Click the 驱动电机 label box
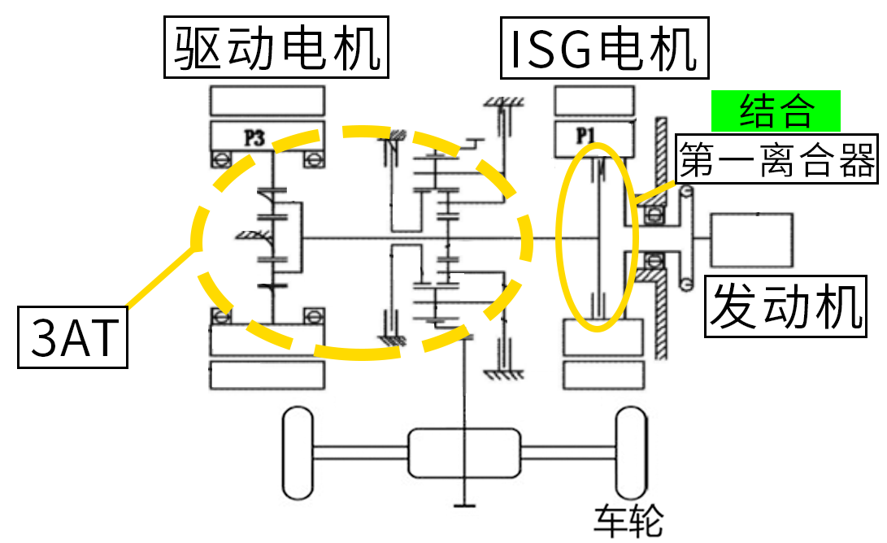[x=276, y=49]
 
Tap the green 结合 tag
[x=776, y=111]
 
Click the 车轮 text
[x=628, y=520]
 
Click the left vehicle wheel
[x=298, y=453]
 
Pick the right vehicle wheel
[x=632, y=453]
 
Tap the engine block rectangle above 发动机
[x=751, y=240]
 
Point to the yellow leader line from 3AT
[x=159, y=280]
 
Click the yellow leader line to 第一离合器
[x=654, y=192]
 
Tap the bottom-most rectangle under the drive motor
[x=267, y=375]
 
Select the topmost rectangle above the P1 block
[x=593, y=101]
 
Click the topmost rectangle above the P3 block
[x=267, y=101]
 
